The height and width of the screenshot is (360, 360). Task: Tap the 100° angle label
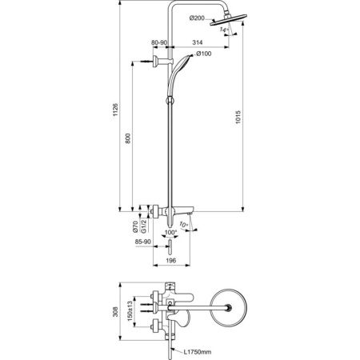click(x=170, y=233)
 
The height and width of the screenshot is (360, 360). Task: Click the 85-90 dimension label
click(x=144, y=242)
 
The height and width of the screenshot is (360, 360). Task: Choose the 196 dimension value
click(x=171, y=260)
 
